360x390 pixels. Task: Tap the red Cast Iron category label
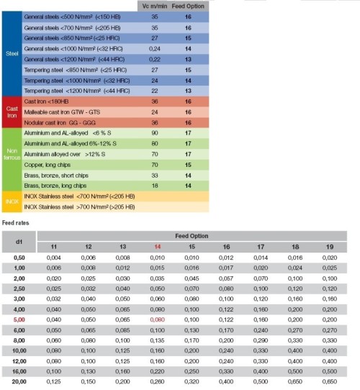(10, 113)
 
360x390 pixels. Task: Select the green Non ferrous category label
(10, 159)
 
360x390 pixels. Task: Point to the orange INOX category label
(10, 201)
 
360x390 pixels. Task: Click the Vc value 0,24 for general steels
(154, 49)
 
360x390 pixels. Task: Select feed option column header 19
(329, 246)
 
